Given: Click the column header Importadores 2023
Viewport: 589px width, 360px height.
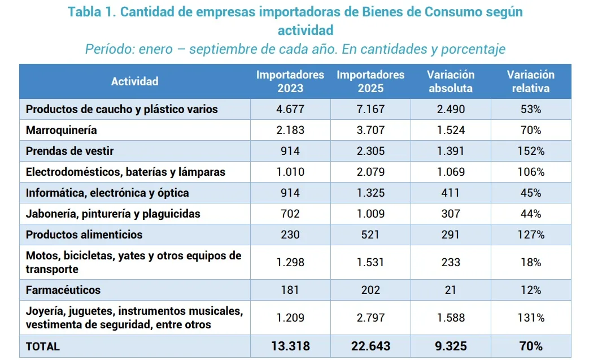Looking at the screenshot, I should coord(290,81).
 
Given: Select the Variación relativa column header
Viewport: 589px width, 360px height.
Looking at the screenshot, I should coord(530,81).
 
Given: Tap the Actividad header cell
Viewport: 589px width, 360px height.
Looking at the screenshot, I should coord(134,81).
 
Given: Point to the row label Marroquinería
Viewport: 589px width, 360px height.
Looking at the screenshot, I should coord(62,130).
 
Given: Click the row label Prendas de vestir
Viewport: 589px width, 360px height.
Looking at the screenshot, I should coord(70,151).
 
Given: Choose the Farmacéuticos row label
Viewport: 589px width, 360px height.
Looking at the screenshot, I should coord(63,290).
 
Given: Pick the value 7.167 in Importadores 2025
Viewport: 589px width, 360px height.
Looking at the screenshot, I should coord(370,109).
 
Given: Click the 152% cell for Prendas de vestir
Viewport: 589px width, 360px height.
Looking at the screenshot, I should coord(531,151).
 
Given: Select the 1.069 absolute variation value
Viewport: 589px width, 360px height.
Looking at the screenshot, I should coord(451,172).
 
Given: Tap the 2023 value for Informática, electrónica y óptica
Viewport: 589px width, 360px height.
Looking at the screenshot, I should coord(290,193).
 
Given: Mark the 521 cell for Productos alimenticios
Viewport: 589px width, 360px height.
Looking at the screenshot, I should coord(370,235).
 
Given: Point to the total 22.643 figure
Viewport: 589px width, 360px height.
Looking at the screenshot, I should coord(370,346).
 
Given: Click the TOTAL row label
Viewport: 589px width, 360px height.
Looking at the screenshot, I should coord(43,346).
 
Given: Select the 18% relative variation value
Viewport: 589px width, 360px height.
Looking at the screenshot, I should coord(531,262).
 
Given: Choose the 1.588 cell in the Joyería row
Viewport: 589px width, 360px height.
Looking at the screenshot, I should coord(451,318).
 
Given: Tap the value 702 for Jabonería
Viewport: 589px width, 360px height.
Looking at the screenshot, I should coord(290,214).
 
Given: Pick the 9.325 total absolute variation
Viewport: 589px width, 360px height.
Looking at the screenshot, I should coord(451,346).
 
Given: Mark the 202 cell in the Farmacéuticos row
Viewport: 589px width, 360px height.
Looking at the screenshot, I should coord(370,290).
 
